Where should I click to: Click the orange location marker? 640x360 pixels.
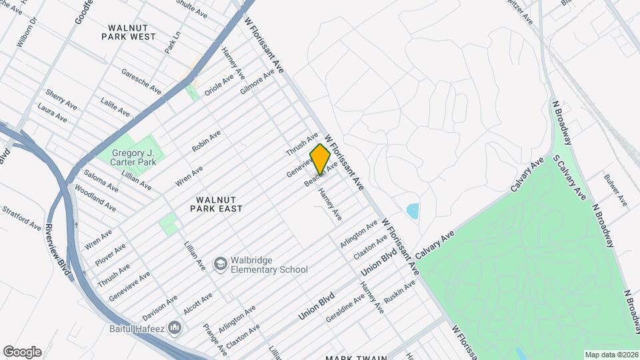pos(320,159)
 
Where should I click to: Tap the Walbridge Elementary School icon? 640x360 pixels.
pos(219,265)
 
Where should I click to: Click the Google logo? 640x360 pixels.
pos(21,352)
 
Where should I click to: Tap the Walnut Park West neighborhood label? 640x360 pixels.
pos(128,31)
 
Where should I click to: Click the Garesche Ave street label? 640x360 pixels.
pos(141,81)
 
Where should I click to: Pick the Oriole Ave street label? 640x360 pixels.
pos(219,85)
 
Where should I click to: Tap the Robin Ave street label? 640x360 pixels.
pos(206,141)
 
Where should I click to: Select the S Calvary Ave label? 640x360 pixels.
pos(569,177)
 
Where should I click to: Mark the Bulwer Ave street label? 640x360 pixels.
pos(615,189)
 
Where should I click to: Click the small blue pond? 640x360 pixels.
pos(413,211)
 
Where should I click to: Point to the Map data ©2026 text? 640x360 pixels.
pos(611,354)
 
